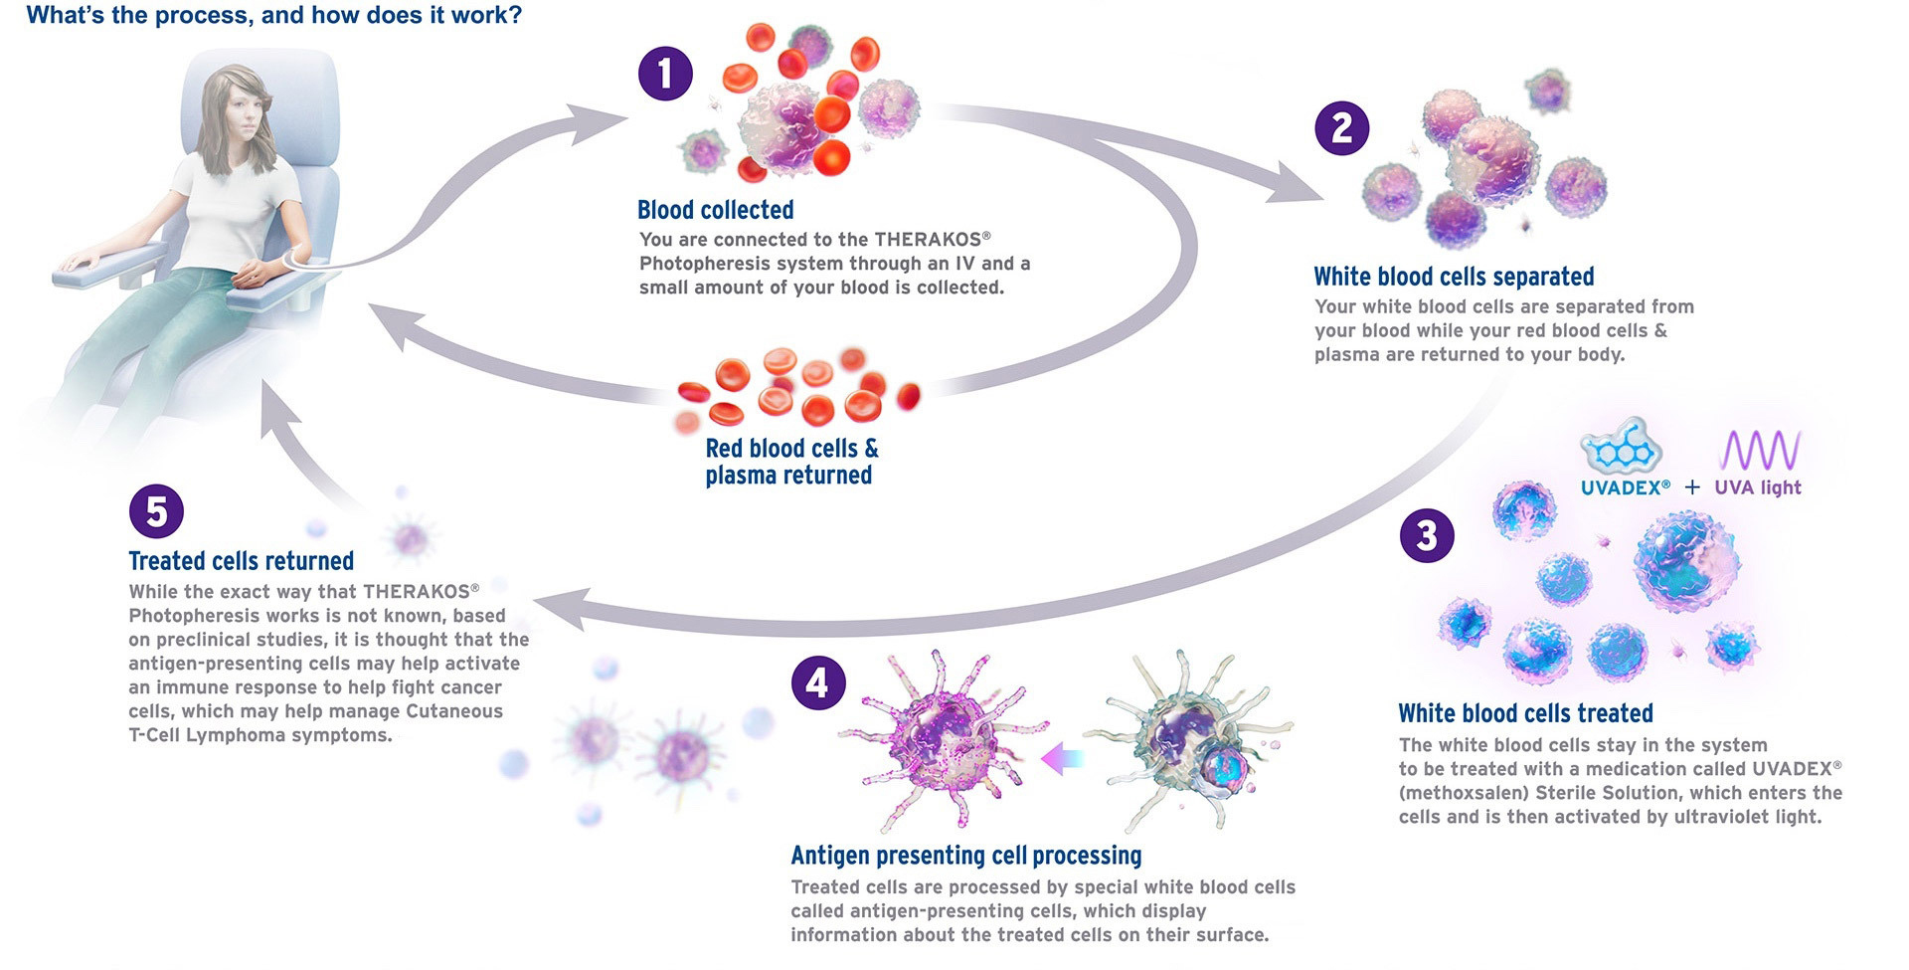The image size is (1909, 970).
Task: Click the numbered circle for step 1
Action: (x=665, y=73)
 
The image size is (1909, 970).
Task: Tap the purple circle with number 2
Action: (x=1341, y=128)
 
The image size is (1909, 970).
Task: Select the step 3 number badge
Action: (x=1427, y=535)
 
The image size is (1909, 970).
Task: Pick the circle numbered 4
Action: (x=817, y=683)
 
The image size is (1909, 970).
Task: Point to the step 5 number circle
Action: (x=156, y=511)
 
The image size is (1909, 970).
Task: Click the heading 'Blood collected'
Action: (x=715, y=210)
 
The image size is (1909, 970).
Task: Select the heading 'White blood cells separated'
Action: (x=1454, y=277)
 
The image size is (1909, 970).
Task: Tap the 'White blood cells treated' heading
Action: (x=1525, y=713)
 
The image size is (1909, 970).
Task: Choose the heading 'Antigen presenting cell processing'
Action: (x=965, y=856)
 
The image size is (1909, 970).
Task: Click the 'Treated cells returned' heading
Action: (x=241, y=561)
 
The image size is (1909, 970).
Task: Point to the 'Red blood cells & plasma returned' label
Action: (x=791, y=462)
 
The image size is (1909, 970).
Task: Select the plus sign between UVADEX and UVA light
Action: (x=1692, y=487)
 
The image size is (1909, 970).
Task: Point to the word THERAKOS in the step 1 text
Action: (x=927, y=240)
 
